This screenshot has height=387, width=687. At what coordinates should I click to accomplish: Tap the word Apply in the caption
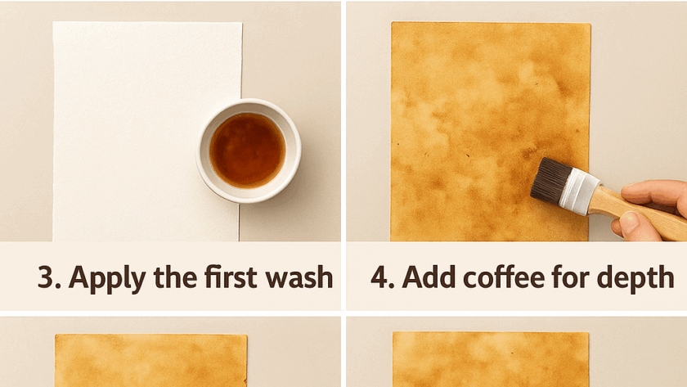click(106, 279)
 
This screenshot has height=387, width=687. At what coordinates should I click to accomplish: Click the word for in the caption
click(569, 277)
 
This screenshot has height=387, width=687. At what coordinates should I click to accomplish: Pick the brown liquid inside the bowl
click(248, 151)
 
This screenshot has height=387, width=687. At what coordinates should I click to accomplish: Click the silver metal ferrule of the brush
click(579, 191)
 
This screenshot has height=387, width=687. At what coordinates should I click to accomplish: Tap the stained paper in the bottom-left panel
click(151, 360)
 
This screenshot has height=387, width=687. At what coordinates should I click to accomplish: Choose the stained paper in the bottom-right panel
click(491, 359)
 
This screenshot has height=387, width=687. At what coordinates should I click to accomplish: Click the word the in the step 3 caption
click(175, 277)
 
